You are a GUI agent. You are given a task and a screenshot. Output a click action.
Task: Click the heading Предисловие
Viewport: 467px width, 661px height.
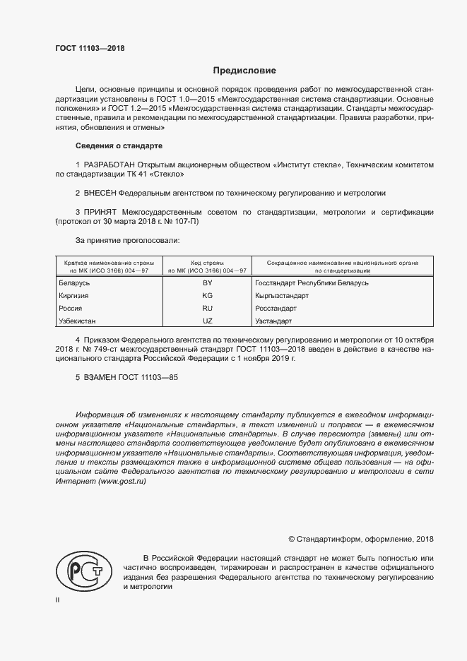244,71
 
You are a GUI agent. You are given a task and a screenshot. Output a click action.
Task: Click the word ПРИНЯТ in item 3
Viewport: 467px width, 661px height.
100,211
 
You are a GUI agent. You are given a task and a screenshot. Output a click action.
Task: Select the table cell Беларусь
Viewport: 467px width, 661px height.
74,282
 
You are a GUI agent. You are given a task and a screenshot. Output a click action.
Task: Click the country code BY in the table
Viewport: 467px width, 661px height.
207,282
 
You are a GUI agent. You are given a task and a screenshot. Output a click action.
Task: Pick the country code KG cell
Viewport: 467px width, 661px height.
207,296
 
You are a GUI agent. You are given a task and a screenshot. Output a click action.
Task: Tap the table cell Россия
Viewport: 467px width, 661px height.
71,309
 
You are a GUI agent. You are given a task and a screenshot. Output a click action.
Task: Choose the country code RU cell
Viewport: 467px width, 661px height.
207,309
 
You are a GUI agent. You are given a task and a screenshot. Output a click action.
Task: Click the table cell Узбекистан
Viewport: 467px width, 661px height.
78,321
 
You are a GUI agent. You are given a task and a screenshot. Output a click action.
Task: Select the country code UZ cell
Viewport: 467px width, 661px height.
207,321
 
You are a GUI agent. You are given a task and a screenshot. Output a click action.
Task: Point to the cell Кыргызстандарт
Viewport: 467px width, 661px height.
282,296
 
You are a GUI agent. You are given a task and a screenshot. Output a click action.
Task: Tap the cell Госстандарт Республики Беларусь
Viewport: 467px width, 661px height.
312,282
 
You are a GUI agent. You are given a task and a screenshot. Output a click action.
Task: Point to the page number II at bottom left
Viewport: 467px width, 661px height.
57,600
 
